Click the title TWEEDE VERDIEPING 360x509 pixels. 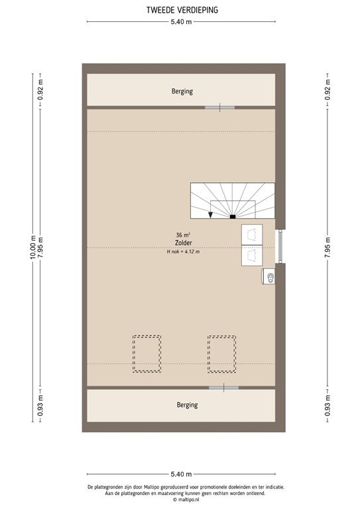pos(181,11)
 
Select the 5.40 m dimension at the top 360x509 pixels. pos(181,23)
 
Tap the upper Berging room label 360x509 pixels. pos(181,91)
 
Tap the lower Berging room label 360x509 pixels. pos(186,404)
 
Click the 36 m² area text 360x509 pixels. pos(183,235)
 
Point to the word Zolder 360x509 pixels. pos(183,243)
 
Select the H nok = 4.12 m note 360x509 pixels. pos(183,252)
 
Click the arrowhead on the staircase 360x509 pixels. pos(210,214)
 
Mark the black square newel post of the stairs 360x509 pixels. pos(232,216)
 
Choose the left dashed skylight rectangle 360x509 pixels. pos(147,354)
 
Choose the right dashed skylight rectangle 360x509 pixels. pos(221,354)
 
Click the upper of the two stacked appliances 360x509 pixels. pos(252,234)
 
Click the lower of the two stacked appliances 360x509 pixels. pos(252,255)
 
